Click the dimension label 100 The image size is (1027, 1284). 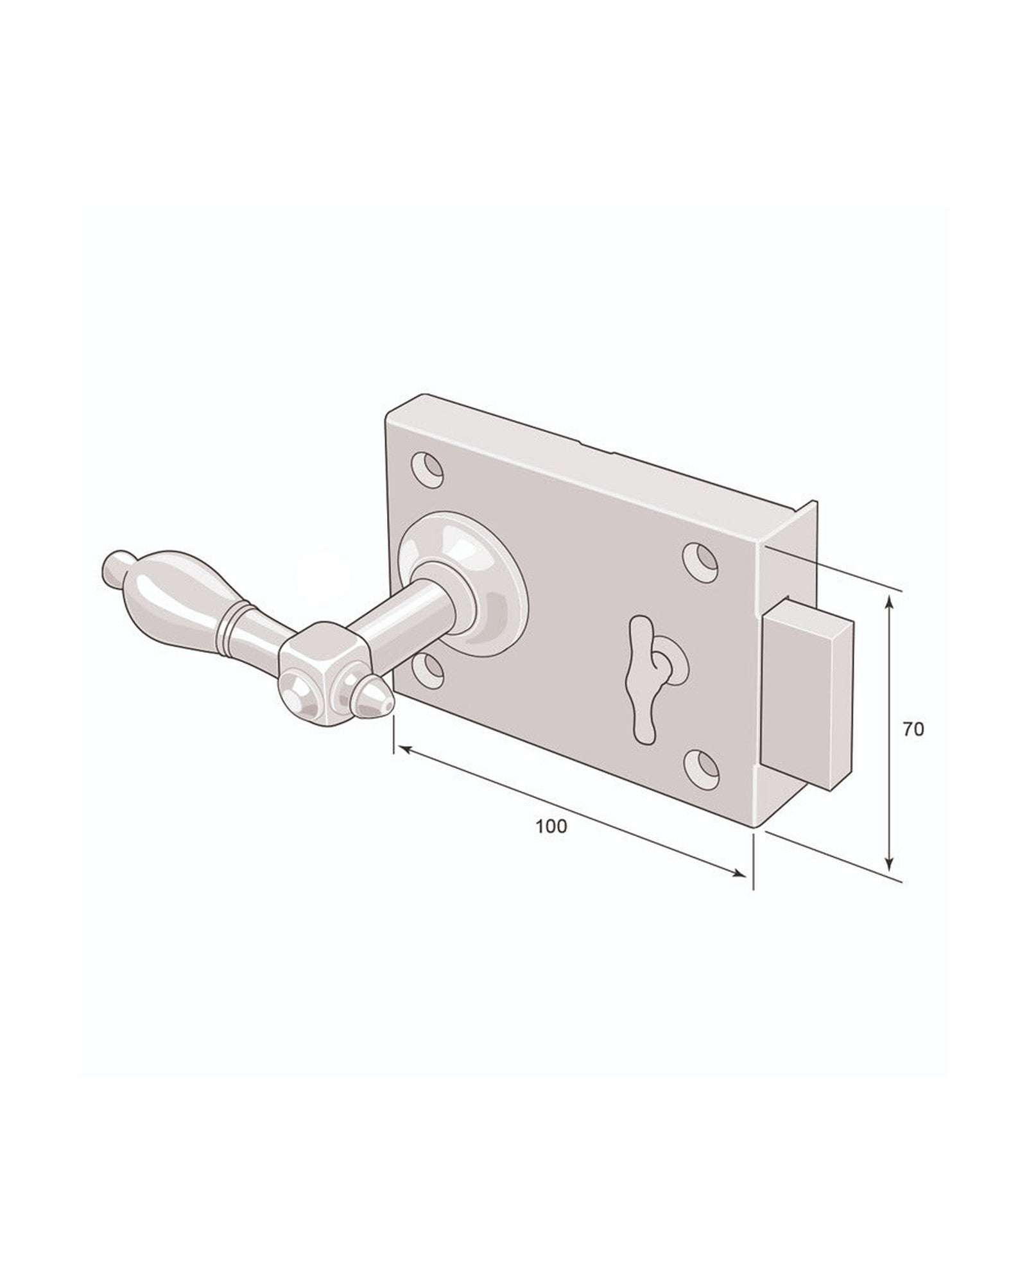[x=551, y=827]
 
